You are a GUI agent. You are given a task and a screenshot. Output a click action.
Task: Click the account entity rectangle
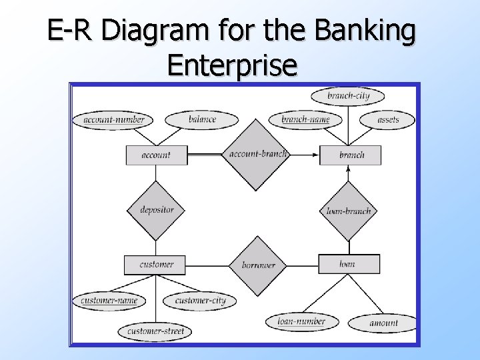[156, 155]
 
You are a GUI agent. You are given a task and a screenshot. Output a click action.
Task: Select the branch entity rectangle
[351, 155]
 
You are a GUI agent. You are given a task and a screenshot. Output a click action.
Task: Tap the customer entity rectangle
[157, 265]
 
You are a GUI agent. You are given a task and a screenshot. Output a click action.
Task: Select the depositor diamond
[157, 210]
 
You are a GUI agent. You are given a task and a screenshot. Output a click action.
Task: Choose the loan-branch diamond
[349, 211]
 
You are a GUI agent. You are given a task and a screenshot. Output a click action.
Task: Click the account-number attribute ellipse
[113, 120]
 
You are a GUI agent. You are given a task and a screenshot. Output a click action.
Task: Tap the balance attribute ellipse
[202, 120]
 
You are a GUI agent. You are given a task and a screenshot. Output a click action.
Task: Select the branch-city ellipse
[349, 96]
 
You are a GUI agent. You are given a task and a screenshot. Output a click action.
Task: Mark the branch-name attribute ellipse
[305, 120]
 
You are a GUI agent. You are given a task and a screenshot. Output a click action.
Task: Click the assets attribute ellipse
[388, 120]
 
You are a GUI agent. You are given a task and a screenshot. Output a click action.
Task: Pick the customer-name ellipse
[109, 301]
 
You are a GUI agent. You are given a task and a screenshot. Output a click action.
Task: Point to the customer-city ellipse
[200, 301]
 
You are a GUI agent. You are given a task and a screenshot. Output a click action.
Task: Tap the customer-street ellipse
[155, 331]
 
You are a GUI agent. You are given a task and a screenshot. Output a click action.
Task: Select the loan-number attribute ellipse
[301, 321]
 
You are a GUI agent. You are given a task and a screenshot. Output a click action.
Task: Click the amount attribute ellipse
[383, 323]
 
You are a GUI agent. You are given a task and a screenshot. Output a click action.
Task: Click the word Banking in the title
[365, 31]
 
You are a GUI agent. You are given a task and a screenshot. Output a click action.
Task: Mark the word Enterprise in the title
[232, 65]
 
